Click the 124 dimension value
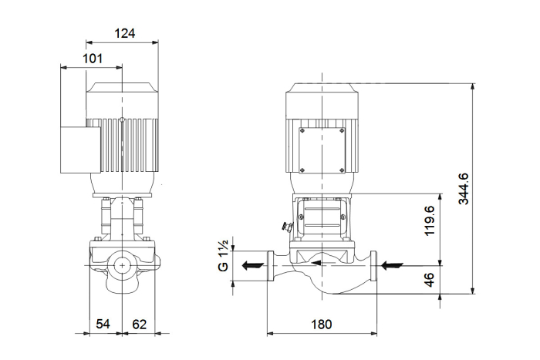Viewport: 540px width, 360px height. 125,33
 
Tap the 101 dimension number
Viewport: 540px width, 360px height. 93,59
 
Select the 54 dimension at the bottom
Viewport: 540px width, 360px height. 103,324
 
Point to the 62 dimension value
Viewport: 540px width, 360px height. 139,324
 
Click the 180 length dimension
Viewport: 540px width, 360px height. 322,325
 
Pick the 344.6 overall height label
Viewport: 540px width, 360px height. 464,189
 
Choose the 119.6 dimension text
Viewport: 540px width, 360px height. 430,220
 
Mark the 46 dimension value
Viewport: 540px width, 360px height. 430,280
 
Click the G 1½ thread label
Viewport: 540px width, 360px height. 223,256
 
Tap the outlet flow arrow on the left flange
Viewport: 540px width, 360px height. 253,266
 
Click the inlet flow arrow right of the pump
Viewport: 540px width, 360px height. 392,266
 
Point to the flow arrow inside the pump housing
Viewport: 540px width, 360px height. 322,263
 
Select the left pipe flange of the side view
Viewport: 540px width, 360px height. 271,266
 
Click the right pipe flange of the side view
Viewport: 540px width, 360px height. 373,266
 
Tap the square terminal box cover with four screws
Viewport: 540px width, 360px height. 322,150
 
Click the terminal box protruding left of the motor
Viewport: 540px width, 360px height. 80,150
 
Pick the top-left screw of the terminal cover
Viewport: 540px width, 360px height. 302,131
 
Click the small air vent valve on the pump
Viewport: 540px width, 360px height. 286,226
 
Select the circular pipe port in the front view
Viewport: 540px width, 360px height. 122,265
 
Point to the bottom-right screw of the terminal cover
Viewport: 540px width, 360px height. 341,170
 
